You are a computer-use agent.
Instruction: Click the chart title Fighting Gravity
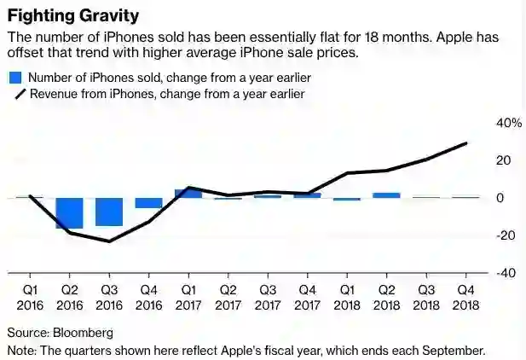(74, 16)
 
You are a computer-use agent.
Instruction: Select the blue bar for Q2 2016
(69, 212)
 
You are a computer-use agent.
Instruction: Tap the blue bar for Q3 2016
(108, 212)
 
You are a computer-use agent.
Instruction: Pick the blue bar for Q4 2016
(148, 203)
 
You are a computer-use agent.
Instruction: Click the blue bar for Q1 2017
(188, 194)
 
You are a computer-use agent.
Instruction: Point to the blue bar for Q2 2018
(386, 195)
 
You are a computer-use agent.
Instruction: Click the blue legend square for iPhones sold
(14, 78)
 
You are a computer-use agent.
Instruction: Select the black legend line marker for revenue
(16, 94)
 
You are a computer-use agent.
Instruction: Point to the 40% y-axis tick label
(509, 123)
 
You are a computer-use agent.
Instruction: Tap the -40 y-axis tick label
(506, 273)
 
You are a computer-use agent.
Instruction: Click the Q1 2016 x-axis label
(29, 295)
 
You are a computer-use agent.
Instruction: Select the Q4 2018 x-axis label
(465, 295)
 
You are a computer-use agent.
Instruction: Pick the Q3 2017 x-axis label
(268, 295)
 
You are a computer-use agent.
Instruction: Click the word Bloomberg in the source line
(83, 333)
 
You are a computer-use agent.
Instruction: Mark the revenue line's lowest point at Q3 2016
(109, 241)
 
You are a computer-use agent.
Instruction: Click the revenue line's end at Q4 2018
(466, 143)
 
